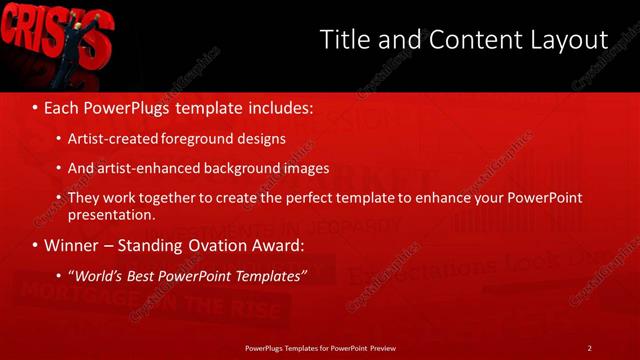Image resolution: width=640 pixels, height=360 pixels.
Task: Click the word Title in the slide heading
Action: (343, 39)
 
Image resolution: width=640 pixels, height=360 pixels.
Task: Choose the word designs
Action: (262, 138)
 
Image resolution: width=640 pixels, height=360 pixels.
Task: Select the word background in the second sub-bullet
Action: (248, 168)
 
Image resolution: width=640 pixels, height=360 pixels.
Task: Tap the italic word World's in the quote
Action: (97, 275)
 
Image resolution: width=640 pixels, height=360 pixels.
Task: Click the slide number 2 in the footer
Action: (589, 347)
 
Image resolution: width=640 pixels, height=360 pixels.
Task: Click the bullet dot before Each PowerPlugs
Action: (36, 105)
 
